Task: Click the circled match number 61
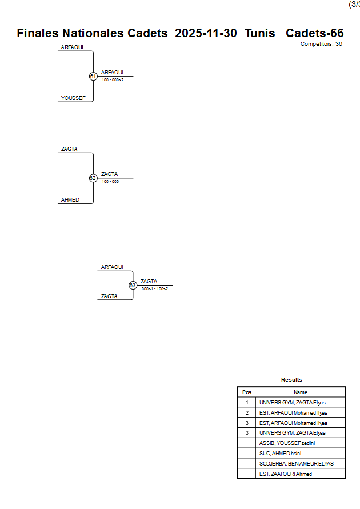93,76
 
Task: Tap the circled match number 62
93,178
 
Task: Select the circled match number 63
133,285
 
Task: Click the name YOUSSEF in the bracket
73,98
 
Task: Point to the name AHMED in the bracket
70,200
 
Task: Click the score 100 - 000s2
113,80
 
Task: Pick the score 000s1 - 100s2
155,289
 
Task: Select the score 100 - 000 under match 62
110,182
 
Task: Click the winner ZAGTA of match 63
149,281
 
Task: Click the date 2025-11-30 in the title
206,33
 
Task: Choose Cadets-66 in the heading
315,33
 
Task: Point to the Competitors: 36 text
321,44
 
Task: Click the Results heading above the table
291,380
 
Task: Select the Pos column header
247,392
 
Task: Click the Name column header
301,392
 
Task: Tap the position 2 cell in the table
247,412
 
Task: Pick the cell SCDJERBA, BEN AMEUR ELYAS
297,463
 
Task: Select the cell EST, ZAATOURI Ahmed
286,474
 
